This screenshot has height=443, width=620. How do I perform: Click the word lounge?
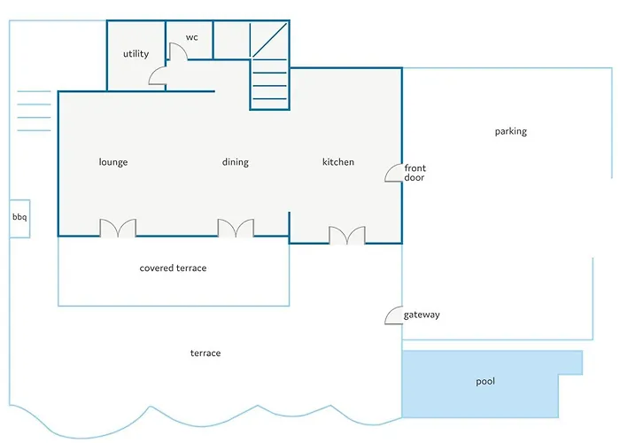[x=113, y=162]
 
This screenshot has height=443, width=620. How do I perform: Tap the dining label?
[x=236, y=162]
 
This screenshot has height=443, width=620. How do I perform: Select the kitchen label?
[x=338, y=162]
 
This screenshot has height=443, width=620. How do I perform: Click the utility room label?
[x=136, y=54]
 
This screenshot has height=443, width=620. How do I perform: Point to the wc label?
[x=192, y=37]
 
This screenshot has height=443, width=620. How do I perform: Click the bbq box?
[x=19, y=219]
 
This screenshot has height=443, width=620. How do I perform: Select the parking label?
[x=511, y=131]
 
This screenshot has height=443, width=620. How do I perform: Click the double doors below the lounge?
[x=118, y=229]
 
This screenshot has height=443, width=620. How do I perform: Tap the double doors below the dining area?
[x=236, y=229]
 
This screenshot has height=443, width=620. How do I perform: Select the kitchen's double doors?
[x=347, y=236]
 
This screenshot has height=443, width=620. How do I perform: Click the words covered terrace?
[x=174, y=268]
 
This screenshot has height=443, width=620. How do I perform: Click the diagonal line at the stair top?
[x=270, y=40]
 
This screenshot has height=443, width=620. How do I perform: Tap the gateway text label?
[x=422, y=315]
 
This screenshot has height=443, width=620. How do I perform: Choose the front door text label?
[x=415, y=173]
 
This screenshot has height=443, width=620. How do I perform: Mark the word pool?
[x=485, y=381]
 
